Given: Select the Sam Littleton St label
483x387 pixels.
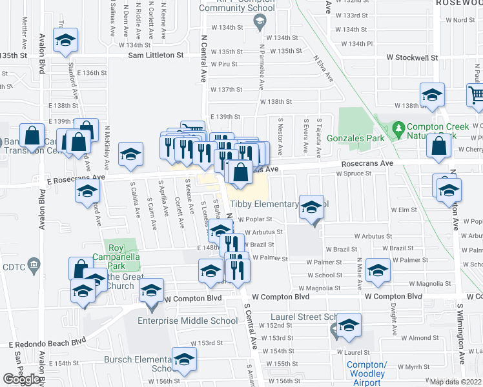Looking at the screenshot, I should [x=160, y=55].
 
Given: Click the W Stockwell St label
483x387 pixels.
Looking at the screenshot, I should [x=412, y=57].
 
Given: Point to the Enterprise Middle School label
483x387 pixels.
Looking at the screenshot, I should [x=187, y=321].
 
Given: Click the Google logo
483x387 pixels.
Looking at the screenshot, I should [x=21, y=379].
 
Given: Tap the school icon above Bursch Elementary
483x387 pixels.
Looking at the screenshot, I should [x=184, y=358].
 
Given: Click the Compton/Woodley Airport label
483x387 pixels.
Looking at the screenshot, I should [x=366, y=373].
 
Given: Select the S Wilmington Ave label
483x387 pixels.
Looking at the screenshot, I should [x=461, y=335].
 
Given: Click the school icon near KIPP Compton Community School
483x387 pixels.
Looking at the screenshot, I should [x=260, y=23].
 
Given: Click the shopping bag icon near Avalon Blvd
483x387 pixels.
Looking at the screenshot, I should [x=32, y=135].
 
